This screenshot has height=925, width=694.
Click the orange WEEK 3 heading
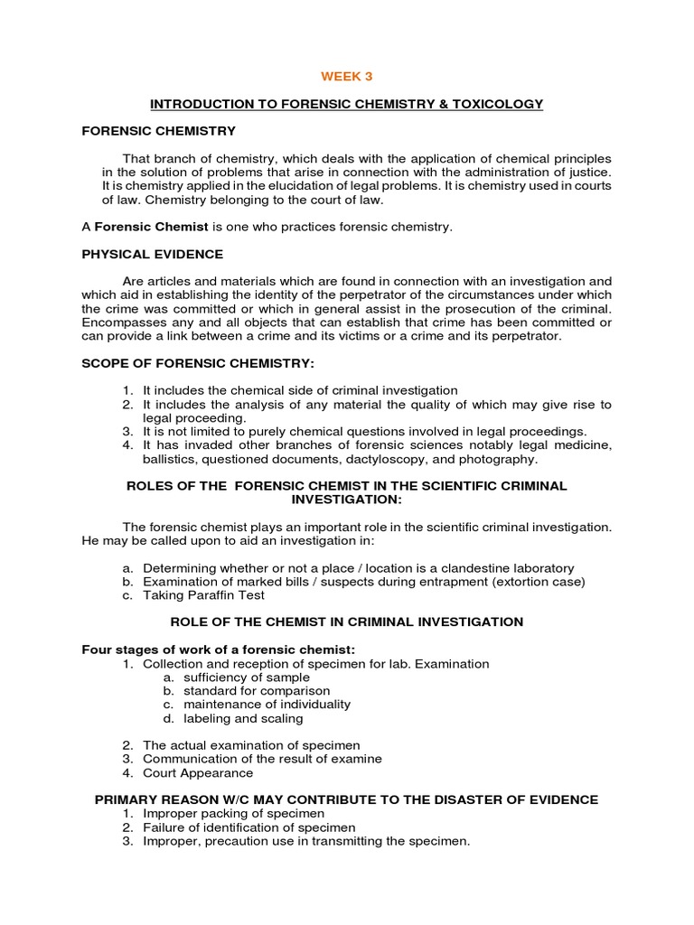pyautogui.click(x=348, y=76)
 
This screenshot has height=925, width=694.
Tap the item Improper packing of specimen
pyautogui.click(x=233, y=814)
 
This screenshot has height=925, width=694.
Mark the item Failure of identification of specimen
pyautogui.click(x=249, y=827)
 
